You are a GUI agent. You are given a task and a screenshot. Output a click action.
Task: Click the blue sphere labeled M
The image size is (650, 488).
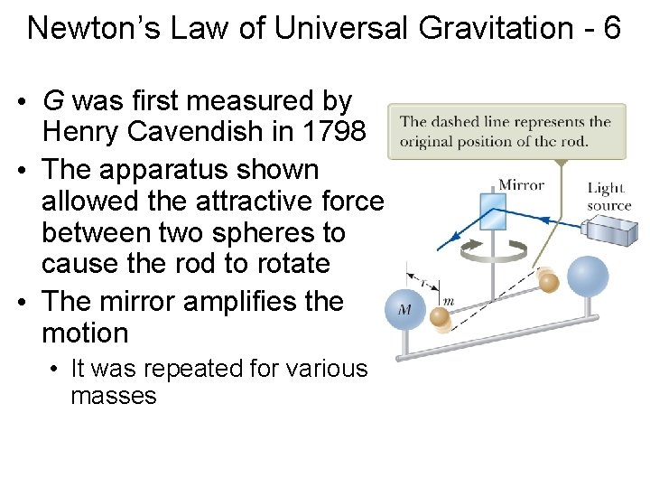pos(404,310)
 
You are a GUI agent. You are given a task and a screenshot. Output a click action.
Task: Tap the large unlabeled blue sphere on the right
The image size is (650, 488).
pos(586,277)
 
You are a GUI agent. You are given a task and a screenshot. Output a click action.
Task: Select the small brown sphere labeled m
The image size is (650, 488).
pos(440,316)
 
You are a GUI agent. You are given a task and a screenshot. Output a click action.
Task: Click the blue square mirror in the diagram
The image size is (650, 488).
pos(493,210)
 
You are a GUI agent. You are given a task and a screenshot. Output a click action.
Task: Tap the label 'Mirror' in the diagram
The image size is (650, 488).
pos(522,185)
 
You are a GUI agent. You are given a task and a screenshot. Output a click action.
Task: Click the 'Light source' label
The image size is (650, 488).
pos(608,196)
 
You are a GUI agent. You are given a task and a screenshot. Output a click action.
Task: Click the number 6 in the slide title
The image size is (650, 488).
pos(611,28)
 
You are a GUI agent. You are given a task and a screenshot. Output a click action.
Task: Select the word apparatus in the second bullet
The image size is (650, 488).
pos(172,169)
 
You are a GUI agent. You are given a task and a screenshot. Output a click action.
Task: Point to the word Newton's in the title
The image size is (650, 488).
pos(82,28)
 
